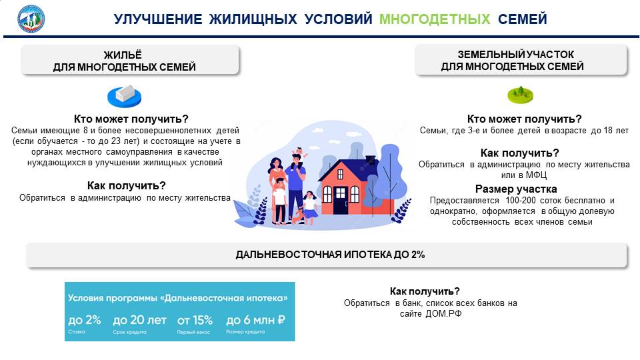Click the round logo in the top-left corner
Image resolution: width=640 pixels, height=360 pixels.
tap(31, 19)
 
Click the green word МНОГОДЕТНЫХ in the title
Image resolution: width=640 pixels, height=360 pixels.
tap(434, 19)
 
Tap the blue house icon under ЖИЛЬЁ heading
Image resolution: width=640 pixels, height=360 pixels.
tap(125, 96)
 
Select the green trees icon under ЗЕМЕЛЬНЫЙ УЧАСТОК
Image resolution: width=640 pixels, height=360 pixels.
tap(521, 95)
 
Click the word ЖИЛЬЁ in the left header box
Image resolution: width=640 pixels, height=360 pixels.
tap(123, 55)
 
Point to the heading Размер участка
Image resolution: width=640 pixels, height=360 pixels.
tap(516, 189)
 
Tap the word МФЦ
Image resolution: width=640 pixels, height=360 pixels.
tap(536, 175)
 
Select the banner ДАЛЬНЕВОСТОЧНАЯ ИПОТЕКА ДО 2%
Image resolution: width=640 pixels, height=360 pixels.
tap(327, 255)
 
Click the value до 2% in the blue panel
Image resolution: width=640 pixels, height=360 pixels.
tap(85, 320)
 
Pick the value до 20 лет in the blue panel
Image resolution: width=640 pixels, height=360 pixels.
tap(139, 321)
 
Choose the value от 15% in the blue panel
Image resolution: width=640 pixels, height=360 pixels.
tap(195, 321)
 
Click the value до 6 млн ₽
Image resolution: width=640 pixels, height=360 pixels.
tap(255, 321)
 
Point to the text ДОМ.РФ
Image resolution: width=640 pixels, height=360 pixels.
tap(443, 314)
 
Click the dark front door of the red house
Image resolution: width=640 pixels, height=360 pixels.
tap(341, 201)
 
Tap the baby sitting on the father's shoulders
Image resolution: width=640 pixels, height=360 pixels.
tap(299, 154)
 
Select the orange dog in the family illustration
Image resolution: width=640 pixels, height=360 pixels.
tap(299, 217)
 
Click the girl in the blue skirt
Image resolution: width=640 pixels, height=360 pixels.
tap(311, 207)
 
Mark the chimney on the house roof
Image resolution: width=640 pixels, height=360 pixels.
tap(370, 159)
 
